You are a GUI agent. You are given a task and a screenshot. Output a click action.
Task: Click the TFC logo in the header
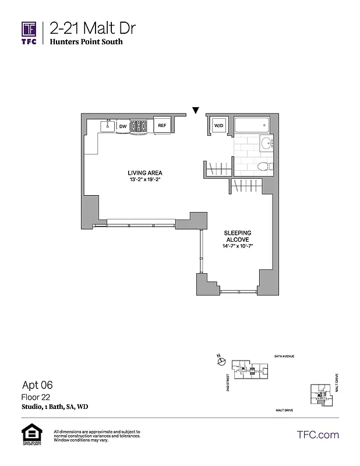(x=29, y=32)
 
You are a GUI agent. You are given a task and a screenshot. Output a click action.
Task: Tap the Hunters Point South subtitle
(x=86, y=42)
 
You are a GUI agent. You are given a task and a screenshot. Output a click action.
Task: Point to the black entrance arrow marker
(x=196, y=110)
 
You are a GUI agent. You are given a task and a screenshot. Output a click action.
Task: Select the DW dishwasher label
(x=123, y=126)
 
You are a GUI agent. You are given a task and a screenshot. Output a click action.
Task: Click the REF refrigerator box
(x=161, y=125)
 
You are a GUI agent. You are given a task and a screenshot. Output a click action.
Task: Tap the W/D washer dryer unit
(x=218, y=125)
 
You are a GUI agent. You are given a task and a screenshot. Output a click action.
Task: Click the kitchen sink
(x=107, y=125)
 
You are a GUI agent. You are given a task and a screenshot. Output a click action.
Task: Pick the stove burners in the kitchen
(x=140, y=125)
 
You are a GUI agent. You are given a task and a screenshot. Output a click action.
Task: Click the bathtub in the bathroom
(x=251, y=126)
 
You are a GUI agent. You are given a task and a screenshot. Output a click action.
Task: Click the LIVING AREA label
(x=145, y=173)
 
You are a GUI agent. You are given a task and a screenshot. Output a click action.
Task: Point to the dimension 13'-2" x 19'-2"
(x=145, y=180)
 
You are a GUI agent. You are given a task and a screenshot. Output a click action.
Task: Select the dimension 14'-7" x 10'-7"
(x=238, y=246)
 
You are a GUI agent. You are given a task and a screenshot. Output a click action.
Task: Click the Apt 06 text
(x=37, y=384)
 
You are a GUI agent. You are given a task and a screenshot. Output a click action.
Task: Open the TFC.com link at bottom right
(x=318, y=435)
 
